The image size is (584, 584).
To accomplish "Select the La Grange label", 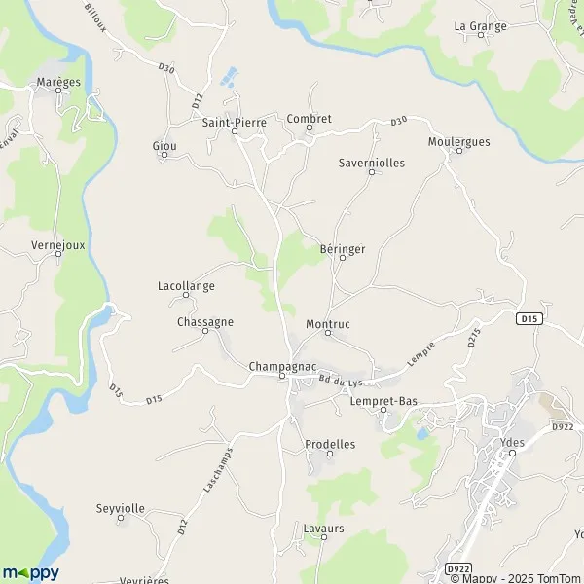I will (x=481, y=26).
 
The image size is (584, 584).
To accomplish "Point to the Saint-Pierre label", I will (x=234, y=122).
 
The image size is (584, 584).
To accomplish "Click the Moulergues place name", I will (x=458, y=141).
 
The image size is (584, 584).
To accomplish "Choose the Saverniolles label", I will (x=371, y=163).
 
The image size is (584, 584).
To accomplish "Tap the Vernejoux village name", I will (x=58, y=245).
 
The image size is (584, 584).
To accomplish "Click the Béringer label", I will (x=342, y=249).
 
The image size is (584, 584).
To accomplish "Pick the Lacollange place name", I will (x=186, y=286).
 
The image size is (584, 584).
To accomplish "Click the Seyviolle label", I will (x=121, y=508).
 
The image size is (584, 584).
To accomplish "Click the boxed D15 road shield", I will (x=529, y=317).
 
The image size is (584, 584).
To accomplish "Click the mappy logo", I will (x=31, y=572).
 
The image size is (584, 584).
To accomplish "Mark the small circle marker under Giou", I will (x=164, y=155).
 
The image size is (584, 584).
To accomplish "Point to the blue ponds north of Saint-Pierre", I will (x=229, y=74).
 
